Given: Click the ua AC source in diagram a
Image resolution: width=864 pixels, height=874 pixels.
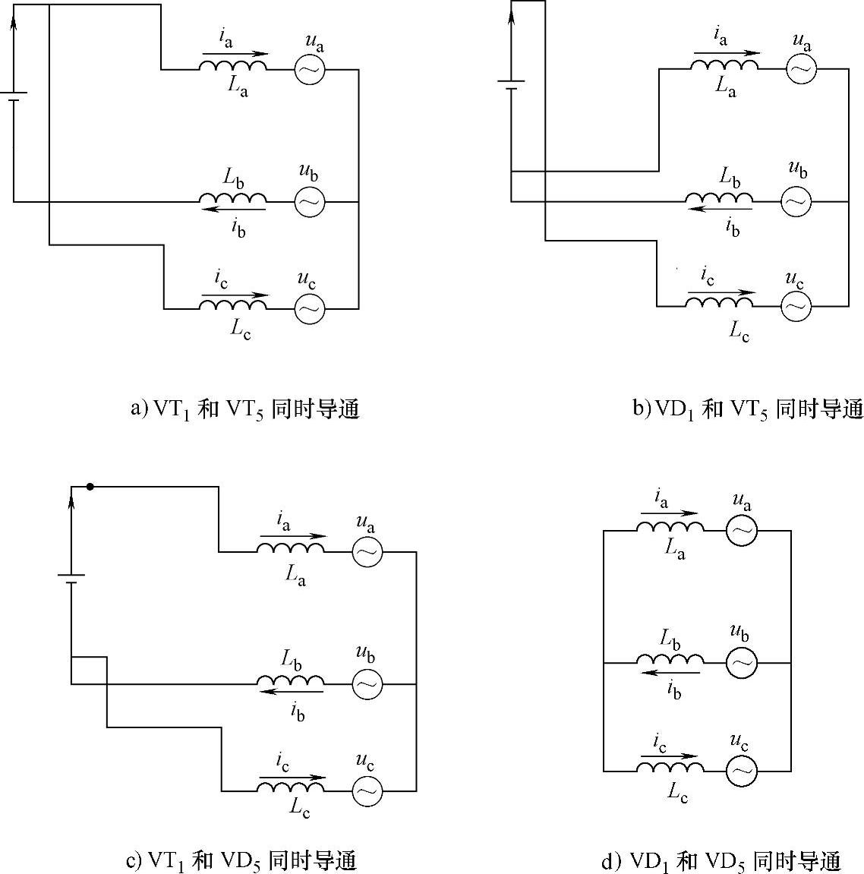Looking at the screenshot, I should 310,70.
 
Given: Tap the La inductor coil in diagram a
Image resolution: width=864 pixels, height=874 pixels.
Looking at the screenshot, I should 233,67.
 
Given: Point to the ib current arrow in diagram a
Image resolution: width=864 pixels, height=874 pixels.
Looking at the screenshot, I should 233,209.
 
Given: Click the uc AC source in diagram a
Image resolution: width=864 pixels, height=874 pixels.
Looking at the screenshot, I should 310,308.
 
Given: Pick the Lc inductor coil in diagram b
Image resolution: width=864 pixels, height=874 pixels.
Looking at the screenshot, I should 720,302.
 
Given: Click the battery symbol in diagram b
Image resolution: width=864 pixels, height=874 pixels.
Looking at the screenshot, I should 511,84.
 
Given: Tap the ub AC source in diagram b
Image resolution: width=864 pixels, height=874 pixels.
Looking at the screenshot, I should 796,201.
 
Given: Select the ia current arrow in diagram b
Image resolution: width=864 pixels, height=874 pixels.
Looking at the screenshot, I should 726,53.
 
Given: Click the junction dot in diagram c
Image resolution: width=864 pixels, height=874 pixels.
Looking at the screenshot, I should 90,487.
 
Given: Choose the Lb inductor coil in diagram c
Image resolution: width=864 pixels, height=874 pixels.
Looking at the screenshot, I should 291,680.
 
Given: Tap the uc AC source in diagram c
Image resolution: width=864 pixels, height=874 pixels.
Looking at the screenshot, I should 367,791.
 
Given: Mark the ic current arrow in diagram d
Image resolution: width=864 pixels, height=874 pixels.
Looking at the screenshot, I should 668,756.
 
